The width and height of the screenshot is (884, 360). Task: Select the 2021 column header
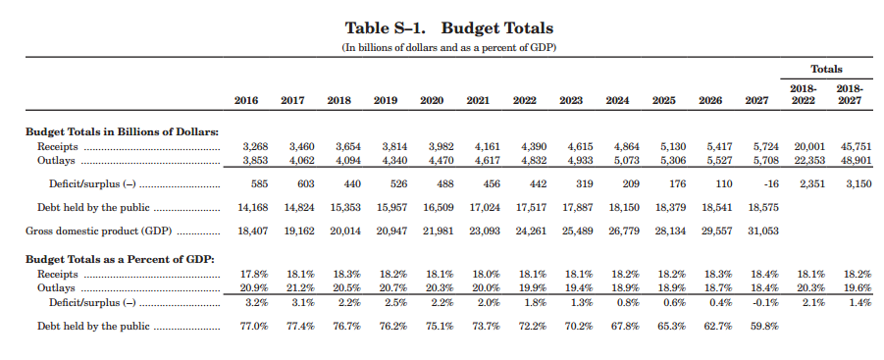click(x=478, y=101)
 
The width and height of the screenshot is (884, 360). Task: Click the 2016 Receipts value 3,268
click(x=254, y=146)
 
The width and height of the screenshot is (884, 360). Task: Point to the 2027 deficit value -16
click(x=769, y=183)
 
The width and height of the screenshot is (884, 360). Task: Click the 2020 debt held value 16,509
click(x=439, y=208)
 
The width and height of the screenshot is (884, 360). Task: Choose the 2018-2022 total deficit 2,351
click(x=810, y=183)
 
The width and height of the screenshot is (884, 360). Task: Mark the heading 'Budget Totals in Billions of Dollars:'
click(x=122, y=131)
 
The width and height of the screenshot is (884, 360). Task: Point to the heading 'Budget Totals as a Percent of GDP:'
click(x=118, y=258)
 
